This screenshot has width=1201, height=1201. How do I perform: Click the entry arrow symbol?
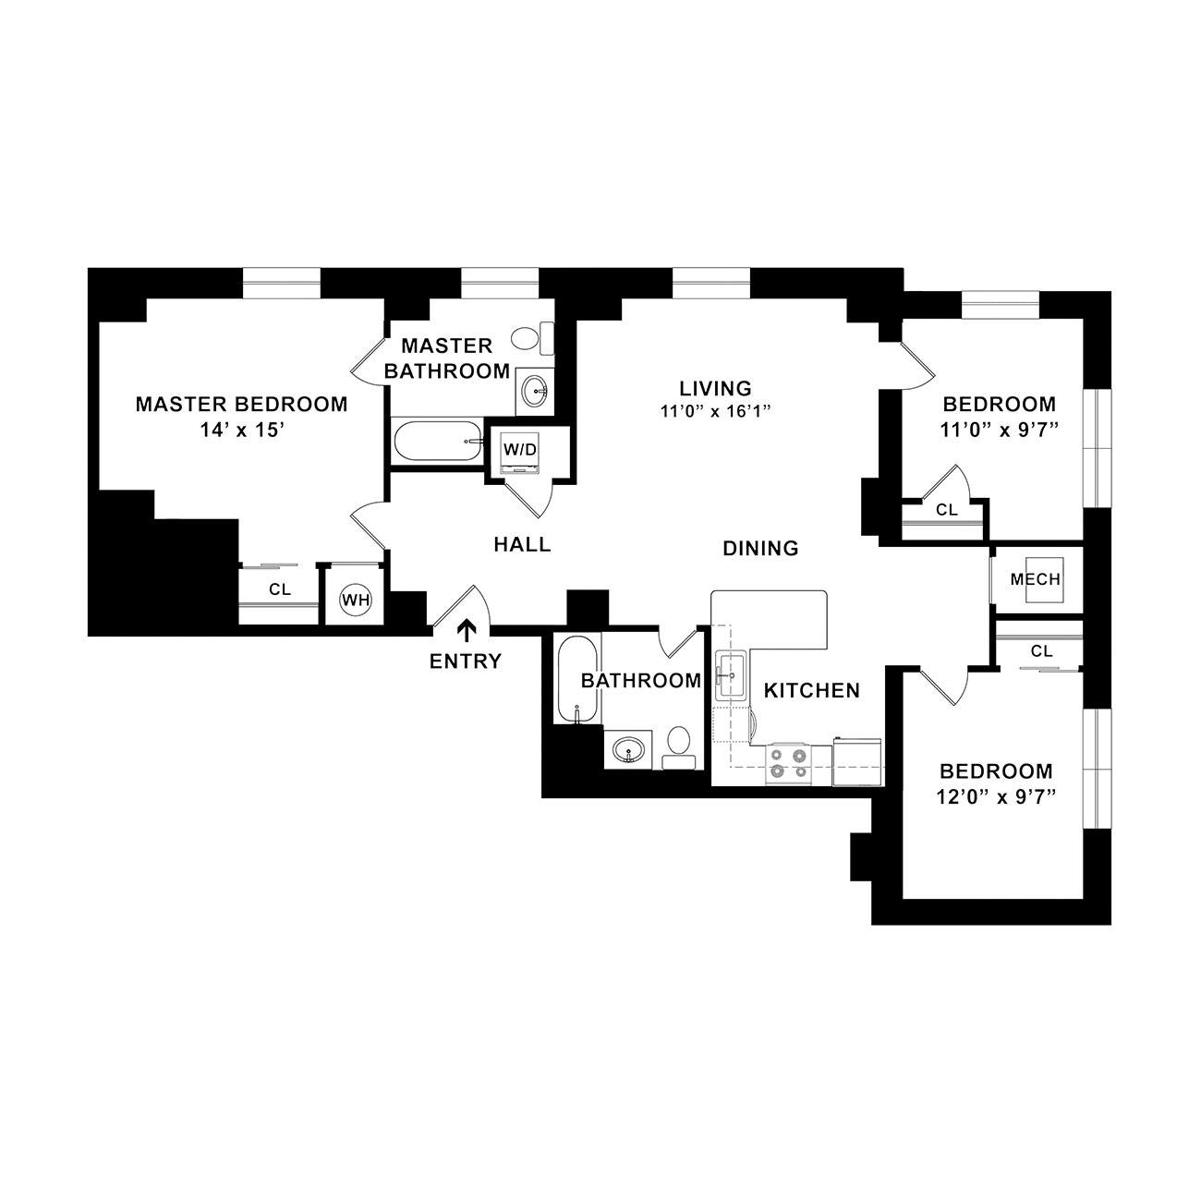pyautogui.click(x=467, y=630)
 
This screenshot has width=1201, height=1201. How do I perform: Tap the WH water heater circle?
pyautogui.click(x=356, y=600)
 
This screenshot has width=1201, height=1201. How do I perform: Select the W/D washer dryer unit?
pyautogui.click(x=520, y=451)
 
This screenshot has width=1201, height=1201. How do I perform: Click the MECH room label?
pyautogui.click(x=1036, y=579)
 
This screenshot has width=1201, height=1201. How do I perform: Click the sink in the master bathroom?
pyautogui.click(x=534, y=392)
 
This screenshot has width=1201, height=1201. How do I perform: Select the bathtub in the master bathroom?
pyautogui.click(x=438, y=442)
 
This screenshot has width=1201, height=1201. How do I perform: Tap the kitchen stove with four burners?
pyautogui.click(x=788, y=763)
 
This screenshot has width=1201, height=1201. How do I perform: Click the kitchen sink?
pyautogui.click(x=730, y=674)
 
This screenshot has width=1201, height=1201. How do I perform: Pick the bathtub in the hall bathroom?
pyautogui.click(x=577, y=679)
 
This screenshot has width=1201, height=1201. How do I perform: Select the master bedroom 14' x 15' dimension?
pyautogui.click(x=242, y=430)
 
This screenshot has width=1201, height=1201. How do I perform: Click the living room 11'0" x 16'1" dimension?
pyautogui.click(x=716, y=411)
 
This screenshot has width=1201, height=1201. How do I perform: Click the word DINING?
pyautogui.click(x=760, y=549)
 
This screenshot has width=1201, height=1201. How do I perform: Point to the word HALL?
pyautogui.click(x=522, y=545)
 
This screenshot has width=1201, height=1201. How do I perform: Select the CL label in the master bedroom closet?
pyautogui.click(x=280, y=589)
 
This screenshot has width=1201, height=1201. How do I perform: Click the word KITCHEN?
pyautogui.click(x=811, y=690)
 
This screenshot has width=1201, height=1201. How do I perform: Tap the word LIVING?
pyautogui.click(x=715, y=388)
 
